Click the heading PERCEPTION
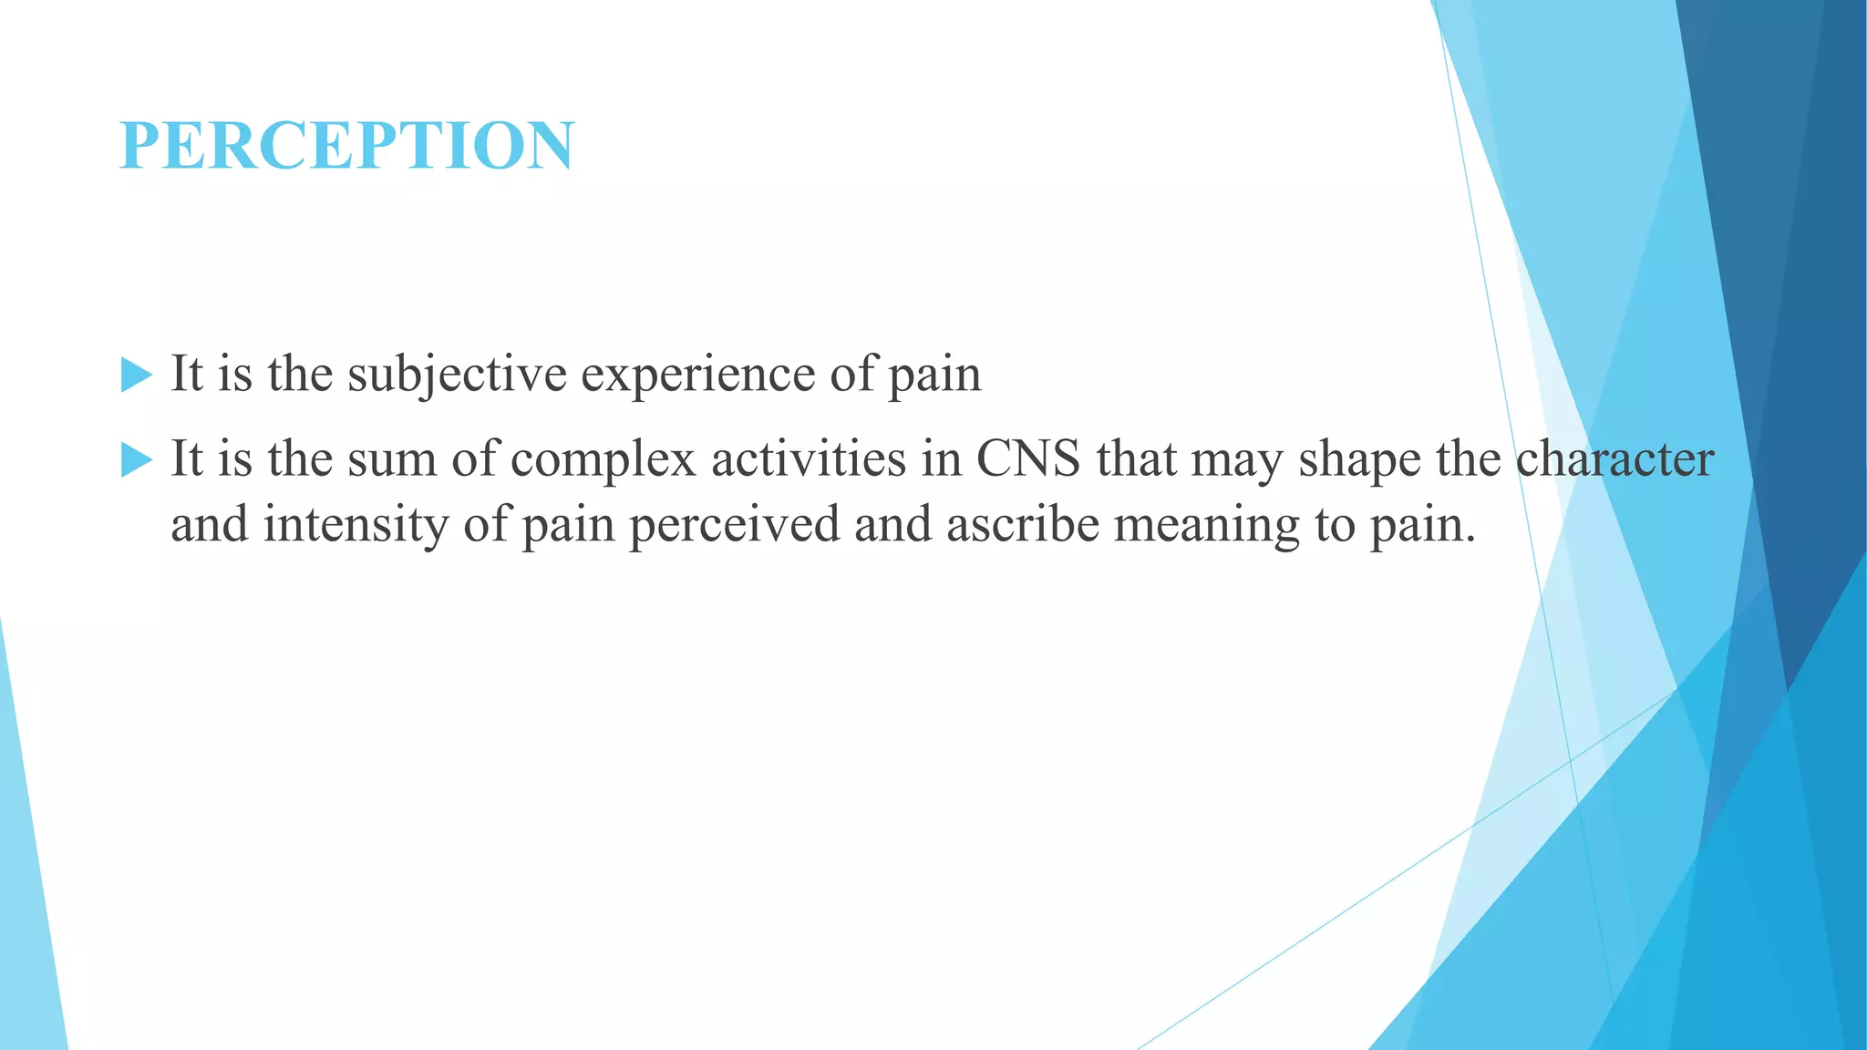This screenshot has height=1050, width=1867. click(346, 146)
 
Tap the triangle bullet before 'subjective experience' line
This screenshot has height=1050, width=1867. click(136, 375)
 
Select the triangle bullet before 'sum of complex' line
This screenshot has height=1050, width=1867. click(136, 459)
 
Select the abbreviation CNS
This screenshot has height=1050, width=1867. click(1028, 458)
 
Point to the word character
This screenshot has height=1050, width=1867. click(1614, 458)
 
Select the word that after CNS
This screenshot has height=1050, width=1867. click(1136, 458)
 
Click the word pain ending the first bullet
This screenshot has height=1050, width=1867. click(934, 375)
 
